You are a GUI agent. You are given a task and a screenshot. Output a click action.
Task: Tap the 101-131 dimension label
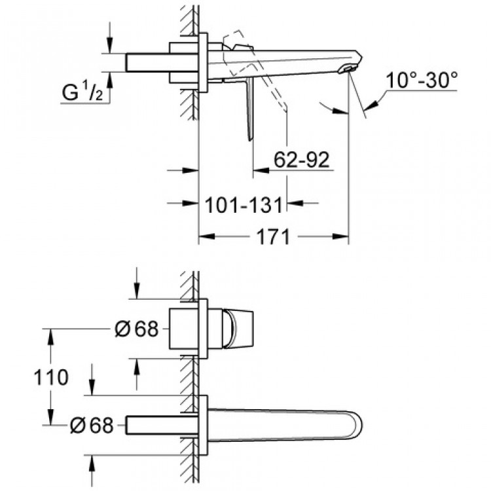point(243,204)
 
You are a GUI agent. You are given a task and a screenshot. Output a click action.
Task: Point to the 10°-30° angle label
point(422,81)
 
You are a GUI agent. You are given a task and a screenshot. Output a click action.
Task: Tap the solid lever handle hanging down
point(250,111)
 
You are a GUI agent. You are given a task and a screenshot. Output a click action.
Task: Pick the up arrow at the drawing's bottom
point(92,464)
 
